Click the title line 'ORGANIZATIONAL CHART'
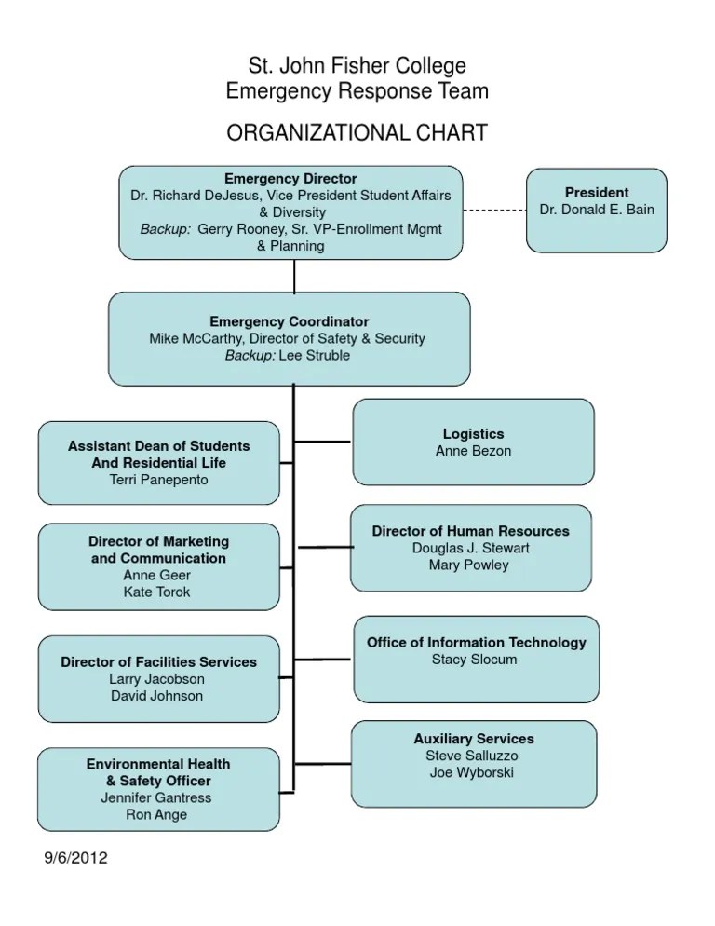(x=357, y=133)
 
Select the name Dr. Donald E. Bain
(x=597, y=210)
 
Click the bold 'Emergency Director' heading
(x=290, y=178)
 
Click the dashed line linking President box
(x=494, y=211)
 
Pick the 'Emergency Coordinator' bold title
(x=289, y=321)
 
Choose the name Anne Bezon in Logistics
(x=473, y=451)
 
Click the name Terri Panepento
(x=158, y=480)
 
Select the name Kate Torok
(x=157, y=592)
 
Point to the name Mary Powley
(x=469, y=565)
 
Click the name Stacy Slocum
(x=475, y=660)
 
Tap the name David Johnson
(x=156, y=696)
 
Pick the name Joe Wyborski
(x=474, y=772)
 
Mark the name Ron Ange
(x=156, y=814)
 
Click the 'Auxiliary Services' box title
(x=474, y=739)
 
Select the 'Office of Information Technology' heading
(x=476, y=642)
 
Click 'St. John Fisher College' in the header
(x=357, y=66)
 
